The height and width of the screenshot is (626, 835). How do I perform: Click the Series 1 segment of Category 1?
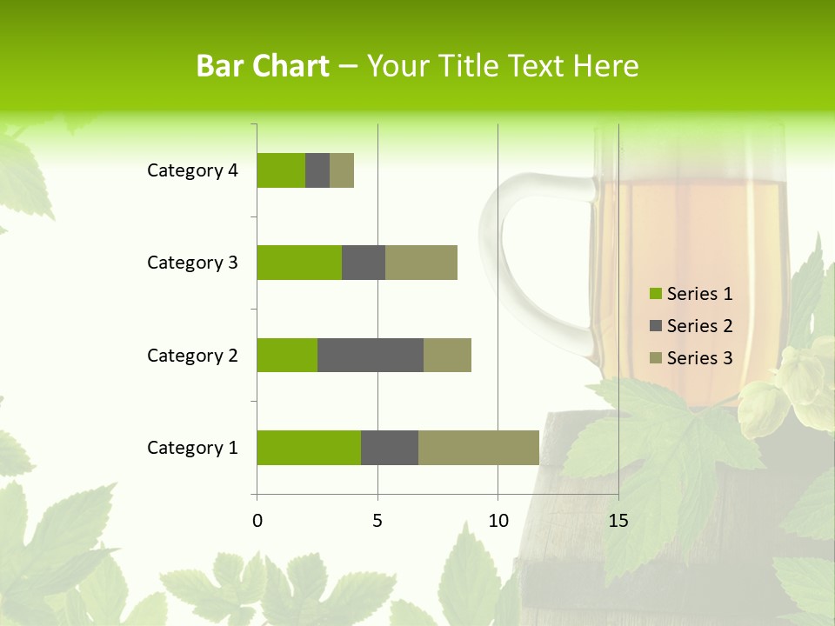click(x=309, y=448)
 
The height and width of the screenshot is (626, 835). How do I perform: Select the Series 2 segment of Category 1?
click(x=390, y=448)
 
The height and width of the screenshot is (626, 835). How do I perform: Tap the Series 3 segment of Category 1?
click(x=478, y=448)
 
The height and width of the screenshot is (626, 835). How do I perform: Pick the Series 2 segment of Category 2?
click(x=371, y=355)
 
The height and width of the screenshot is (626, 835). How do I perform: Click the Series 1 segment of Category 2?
click(x=287, y=355)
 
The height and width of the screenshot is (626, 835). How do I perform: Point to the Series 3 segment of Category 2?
click(x=447, y=355)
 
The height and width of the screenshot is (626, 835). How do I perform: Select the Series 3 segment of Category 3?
click(x=421, y=263)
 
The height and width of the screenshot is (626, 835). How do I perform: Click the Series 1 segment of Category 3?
click(x=299, y=263)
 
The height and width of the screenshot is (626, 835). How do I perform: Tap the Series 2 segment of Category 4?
click(x=317, y=170)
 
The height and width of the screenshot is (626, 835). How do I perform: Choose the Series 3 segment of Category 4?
click(x=342, y=170)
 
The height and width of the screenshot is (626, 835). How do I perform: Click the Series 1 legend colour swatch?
click(x=655, y=294)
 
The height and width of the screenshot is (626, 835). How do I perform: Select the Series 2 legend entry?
click(x=691, y=326)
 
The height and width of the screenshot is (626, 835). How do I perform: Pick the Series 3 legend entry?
click(x=691, y=358)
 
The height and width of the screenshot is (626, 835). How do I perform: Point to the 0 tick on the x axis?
click(x=257, y=521)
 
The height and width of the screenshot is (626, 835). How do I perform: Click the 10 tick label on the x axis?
click(x=498, y=521)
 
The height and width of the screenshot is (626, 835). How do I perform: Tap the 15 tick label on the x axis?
click(x=618, y=521)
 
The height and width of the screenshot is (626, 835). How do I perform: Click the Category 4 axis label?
click(x=192, y=170)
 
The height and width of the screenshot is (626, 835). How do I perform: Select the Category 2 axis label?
click(x=192, y=355)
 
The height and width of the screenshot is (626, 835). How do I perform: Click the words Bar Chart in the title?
click(x=263, y=66)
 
